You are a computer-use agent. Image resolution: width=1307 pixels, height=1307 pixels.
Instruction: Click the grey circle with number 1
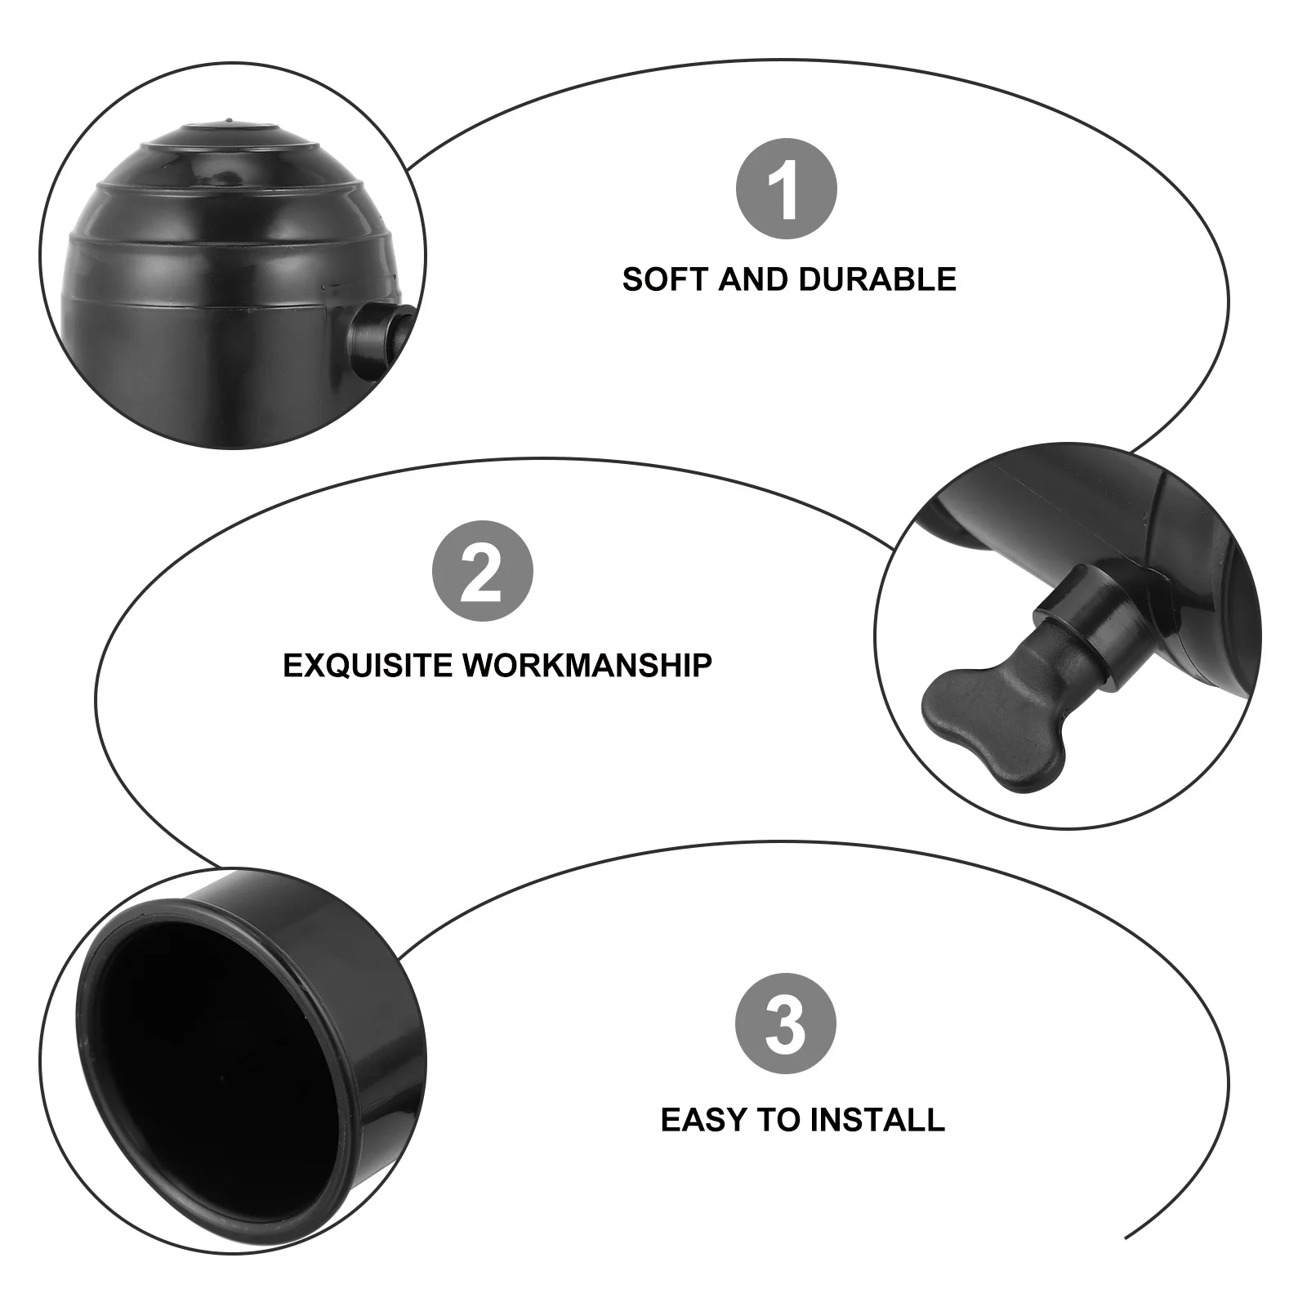click(x=787, y=189)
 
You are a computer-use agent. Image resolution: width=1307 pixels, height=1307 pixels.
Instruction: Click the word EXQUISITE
click(x=369, y=665)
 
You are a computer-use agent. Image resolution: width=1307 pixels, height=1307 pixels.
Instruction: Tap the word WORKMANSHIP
click(x=587, y=665)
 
